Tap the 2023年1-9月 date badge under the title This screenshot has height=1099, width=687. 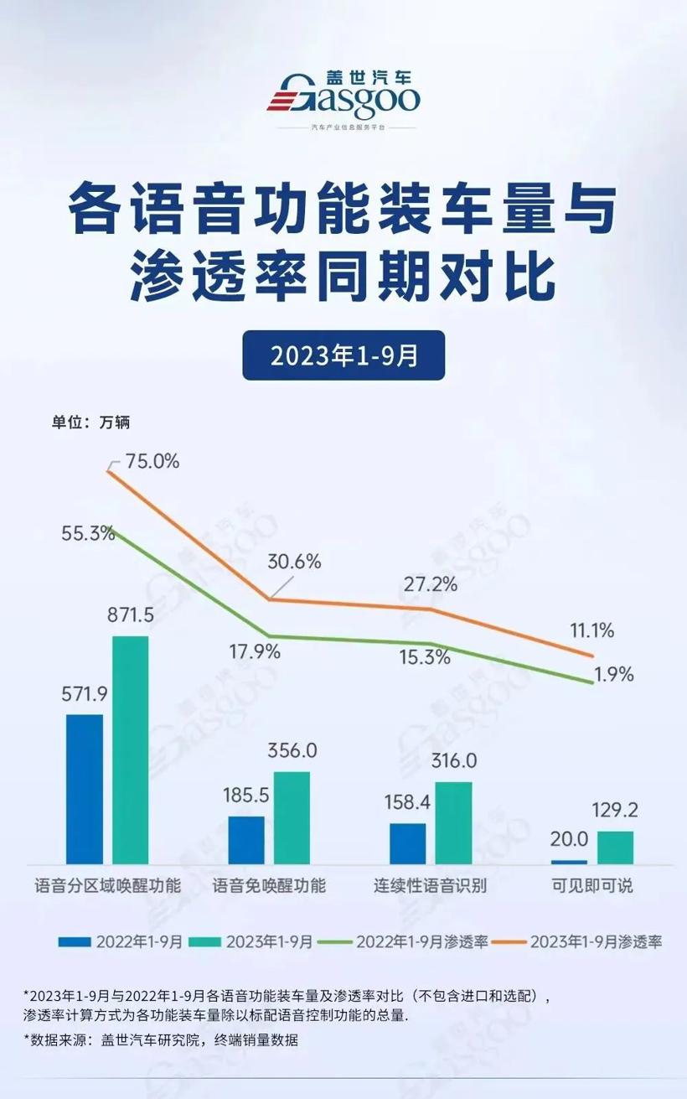click(343, 355)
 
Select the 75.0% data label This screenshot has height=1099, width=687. click(152, 461)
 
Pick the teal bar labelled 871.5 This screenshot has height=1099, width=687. click(130, 749)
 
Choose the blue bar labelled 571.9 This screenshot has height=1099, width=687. click(84, 789)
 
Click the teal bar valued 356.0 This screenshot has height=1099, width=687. click(292, 817)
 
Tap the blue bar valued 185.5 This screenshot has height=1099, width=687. click(245, 839)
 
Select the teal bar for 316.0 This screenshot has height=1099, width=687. click(453, 822)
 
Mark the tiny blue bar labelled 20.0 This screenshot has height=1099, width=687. click(569, 862)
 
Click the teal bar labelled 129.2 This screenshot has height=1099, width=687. click(615, 847)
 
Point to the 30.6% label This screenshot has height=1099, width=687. click(294, 562)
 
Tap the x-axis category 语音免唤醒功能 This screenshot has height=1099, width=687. click(268, 886)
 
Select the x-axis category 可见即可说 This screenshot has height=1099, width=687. click(592, 886)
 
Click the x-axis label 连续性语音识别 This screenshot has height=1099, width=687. click(430, 886)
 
